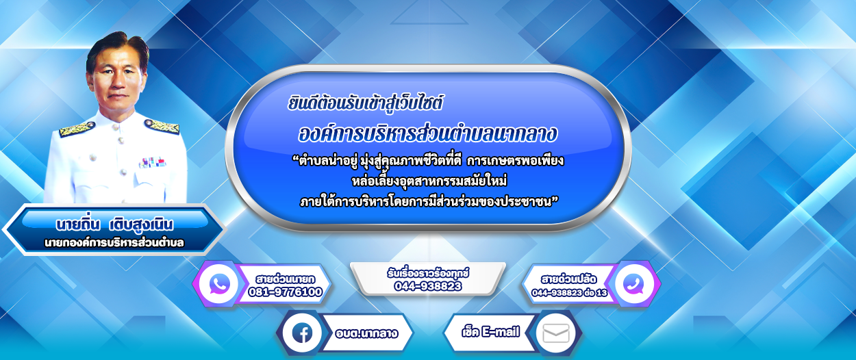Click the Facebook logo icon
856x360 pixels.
tap(302, 333)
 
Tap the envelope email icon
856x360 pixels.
tap(556, 333)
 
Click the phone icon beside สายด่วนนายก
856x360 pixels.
tap(220, 283)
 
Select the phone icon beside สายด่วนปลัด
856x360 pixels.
tap(633, 284)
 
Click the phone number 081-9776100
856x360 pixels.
tap(286, 292)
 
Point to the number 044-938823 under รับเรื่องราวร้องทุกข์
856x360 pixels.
tap(428, 286)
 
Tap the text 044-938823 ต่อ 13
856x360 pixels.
tap(569, 293)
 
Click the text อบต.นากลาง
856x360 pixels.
tap(366, 333)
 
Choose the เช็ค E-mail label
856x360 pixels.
tap(491, 332)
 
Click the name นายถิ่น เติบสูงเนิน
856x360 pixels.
tap(114, 224)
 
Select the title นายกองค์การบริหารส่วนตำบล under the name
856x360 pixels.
tap(114, 243)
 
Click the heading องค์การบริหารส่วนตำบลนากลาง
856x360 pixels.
tap(427, 133)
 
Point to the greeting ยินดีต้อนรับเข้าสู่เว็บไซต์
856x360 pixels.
tap(365, 103)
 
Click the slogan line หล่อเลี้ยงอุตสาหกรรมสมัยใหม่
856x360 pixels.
tap(429, 181)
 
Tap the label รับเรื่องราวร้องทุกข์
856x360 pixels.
tap(428, 273)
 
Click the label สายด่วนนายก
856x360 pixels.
tap(286, 279)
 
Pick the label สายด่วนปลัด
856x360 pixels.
tap(568, 279)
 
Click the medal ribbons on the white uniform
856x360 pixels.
tap(153, 163)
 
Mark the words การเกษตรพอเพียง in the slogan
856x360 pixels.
tap(516, 161)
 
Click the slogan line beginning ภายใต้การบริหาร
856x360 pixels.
tap(429, 202)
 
